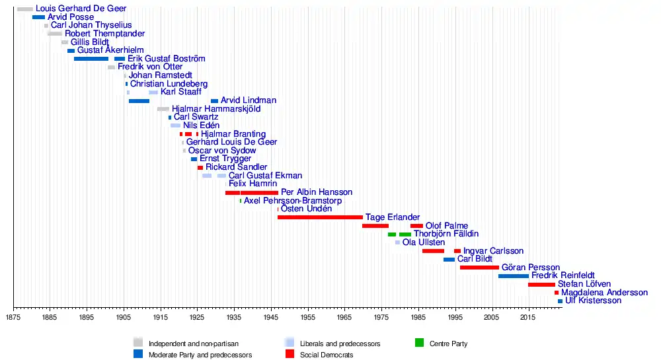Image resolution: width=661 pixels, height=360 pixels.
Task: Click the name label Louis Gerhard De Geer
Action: (x=81, y=9)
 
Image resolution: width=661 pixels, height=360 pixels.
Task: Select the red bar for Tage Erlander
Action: (x=320, y=217)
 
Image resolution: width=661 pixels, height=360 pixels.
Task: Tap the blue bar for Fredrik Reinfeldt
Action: (x=514, y=276)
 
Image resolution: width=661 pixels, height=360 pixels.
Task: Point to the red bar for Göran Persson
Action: (x=479, y=268)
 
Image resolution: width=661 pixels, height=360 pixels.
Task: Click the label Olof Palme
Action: (x=447, y=226)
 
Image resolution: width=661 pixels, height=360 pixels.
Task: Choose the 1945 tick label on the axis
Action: (x=270, y=318)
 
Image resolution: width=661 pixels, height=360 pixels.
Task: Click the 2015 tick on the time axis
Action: (x=527, y=318)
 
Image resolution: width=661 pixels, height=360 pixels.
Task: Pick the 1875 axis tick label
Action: (x=13, y=318)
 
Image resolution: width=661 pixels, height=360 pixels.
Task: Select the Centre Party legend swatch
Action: (x=419, y=343)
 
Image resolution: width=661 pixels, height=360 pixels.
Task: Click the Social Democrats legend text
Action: (x=327, y=355)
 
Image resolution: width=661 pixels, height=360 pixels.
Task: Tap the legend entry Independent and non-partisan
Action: (x=193, y=343)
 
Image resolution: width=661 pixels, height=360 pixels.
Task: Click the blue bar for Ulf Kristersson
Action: (x=560, y=301)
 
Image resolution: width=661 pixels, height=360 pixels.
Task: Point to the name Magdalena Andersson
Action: (x=604, y=293)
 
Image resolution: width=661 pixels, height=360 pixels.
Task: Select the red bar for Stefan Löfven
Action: (x=541, y=285)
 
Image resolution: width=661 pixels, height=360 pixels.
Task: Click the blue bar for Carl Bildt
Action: (x=449, y=260)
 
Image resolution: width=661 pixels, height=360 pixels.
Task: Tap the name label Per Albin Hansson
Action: (x=317, y=192)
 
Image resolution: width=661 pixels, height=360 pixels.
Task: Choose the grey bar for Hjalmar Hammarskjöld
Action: (x=163, y=109)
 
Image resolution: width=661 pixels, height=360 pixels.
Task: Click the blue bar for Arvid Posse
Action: (x=38, y=17)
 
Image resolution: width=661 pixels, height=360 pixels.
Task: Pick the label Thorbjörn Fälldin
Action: (x=446, y=234)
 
